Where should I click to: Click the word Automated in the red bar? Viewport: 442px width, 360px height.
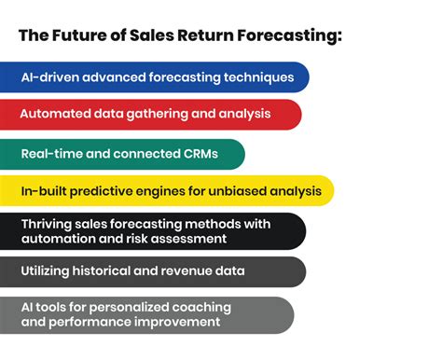point(57,115)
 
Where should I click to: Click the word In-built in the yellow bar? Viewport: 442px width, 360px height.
point(43,192)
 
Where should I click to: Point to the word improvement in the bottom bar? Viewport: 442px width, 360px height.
point(174,323)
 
